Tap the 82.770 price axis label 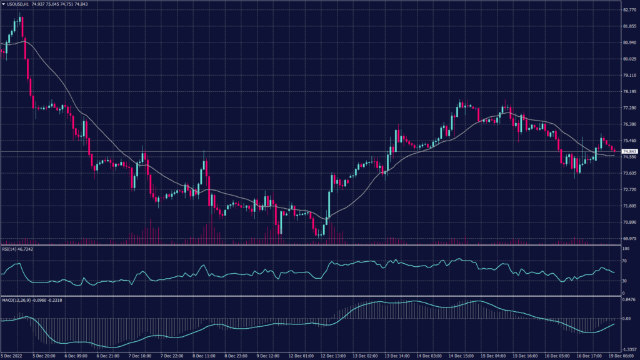[629, 10]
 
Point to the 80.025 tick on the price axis [629, 59]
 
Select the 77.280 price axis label [629, 108]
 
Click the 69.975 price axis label [629, 239]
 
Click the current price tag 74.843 [629, 151]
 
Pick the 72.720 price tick [629, 190]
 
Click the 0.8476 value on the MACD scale [629, 301]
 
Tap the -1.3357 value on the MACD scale [629, 351]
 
